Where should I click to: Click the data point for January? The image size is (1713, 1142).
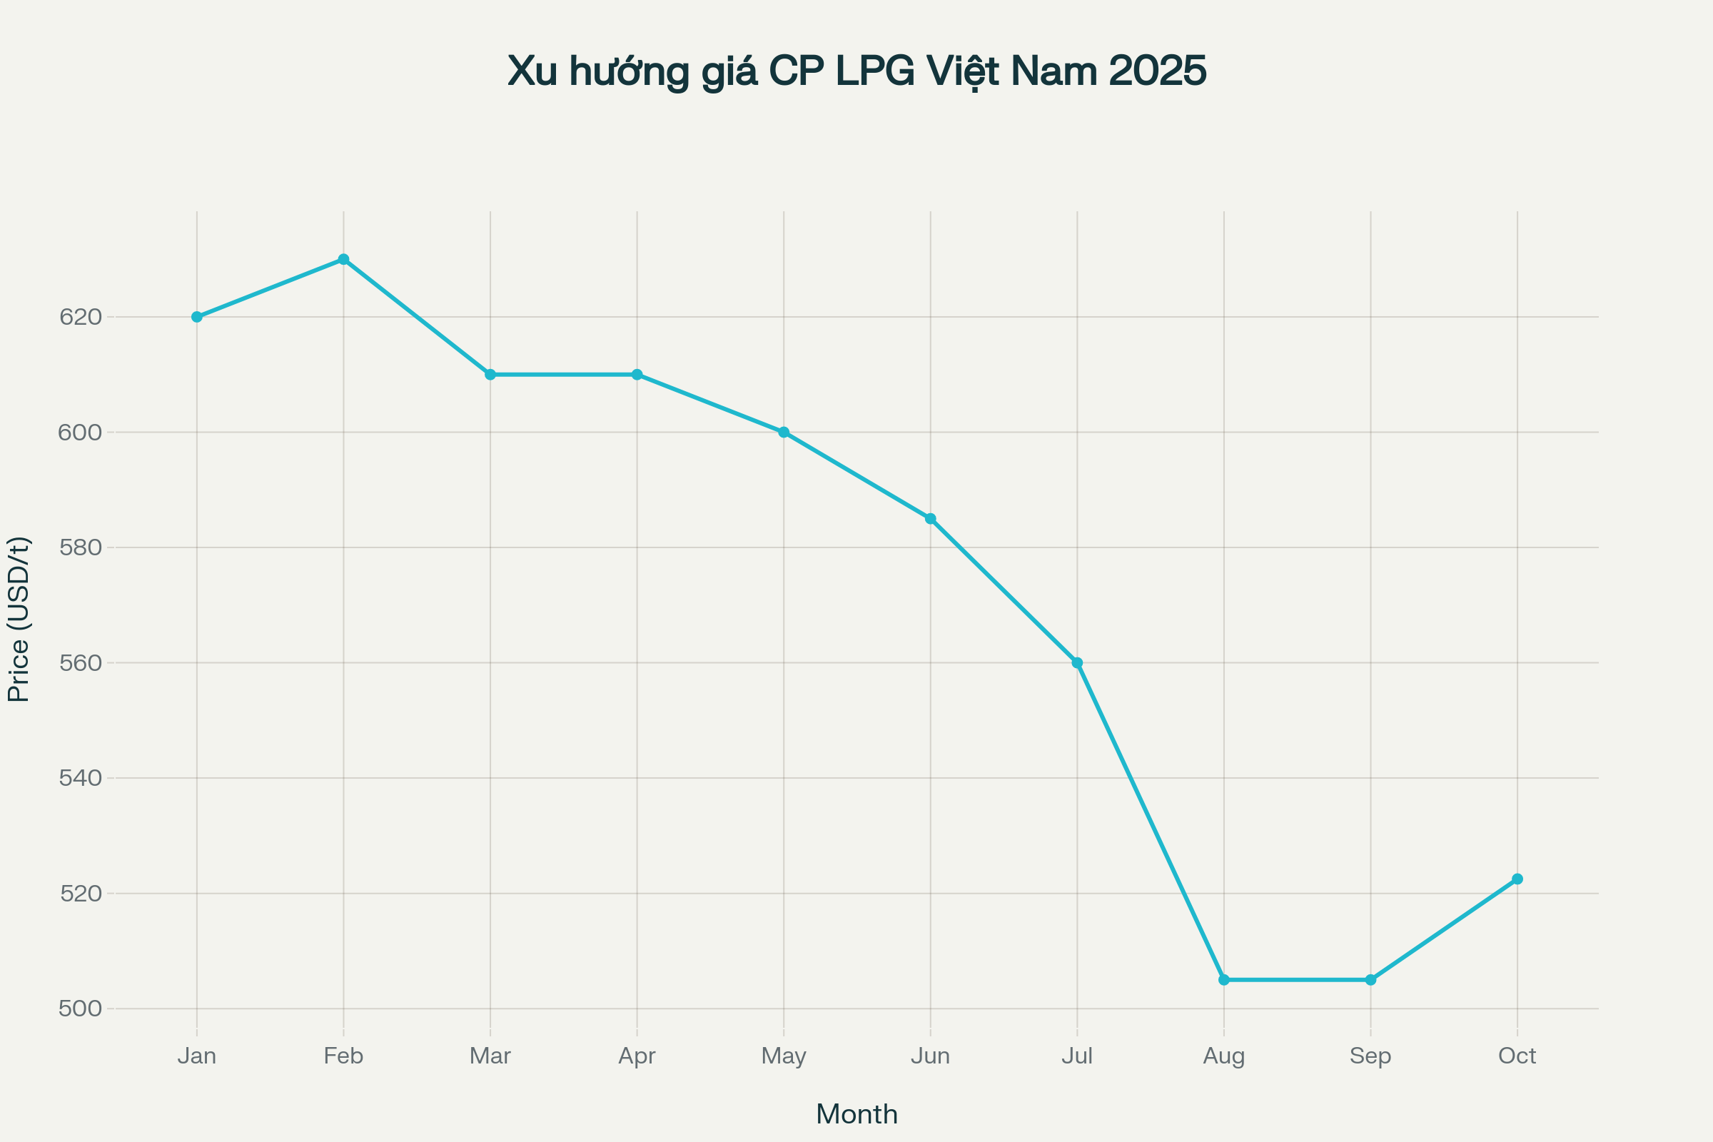point(197,317)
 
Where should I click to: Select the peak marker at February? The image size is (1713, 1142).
point(344,259)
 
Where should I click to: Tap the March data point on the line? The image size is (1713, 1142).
point(490,374)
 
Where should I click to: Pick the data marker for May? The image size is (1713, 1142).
point(784,432)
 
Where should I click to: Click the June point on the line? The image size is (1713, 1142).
point(931,519)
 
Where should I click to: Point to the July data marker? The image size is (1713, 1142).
point(1077,663)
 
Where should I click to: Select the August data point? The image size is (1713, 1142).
point(1224,979)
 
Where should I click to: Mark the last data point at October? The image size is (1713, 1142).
point(1517,879)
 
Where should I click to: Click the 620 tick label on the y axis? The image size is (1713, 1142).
point(80,317)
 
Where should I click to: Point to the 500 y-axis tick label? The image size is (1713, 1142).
point(80,1009)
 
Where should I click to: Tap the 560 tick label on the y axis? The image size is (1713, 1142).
point(80,663)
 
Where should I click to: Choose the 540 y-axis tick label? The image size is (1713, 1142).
point(80,778)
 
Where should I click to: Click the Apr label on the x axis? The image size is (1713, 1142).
point(637,1056)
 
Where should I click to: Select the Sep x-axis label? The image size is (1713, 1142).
point(1370,1056)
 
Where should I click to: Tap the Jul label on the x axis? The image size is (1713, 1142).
point(1077,1056)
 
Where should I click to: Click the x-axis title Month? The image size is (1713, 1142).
point(856,1114)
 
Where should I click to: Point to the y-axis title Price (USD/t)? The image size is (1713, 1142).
point(19,619)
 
